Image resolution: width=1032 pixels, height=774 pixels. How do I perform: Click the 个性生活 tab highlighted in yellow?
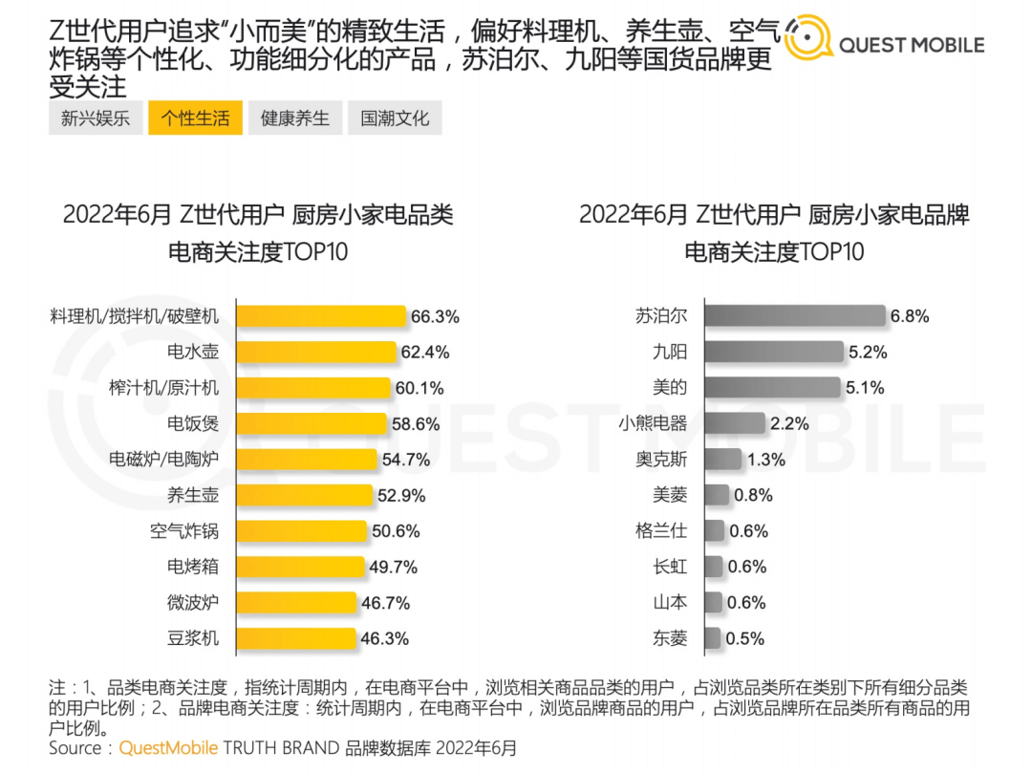pyautogui.click(x=195, y=118)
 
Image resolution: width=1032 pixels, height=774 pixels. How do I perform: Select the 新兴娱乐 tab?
pyautogui.click(x=96, y=118)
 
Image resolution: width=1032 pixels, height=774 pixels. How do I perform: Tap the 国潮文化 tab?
pyautogui.click(x=395, y=118)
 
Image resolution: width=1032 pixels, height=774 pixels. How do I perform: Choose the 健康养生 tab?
pyautogui.click(x=295, y=118)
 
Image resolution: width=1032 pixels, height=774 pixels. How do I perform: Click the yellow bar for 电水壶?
pyautogui.click(x=316, y=352)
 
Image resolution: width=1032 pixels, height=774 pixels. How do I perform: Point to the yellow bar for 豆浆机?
pyautogui.click(x=296, y=638)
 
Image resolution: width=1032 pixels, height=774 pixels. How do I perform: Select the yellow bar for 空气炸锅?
pyautogui.click(x=302, y=531)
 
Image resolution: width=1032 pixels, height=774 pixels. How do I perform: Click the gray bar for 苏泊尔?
pyautogui.click(x=794, y=316)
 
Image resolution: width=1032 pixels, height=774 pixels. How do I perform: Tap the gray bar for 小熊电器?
pyautogui.click(x=735, y=423)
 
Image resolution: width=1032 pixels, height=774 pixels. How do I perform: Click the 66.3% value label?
pyautogui.click(x=435, y=316)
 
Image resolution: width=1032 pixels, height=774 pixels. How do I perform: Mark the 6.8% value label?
pyautogui.click(x=910, y=316)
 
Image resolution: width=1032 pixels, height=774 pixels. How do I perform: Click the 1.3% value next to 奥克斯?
pyautogui.click(x=766, y=460)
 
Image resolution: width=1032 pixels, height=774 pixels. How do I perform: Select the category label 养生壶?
pyautogui.click(x=193, y=495)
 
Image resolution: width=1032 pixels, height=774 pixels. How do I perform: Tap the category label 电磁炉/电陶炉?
pyautogui.click(x=163, y=460)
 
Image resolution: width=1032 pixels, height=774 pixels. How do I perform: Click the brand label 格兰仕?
pyautogui.click(x=661, y=531)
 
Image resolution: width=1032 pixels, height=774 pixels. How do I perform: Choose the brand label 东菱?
pyautogui.click(x=669, y=638)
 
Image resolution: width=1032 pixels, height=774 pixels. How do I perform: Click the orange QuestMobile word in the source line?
pyautogui.click(x=168, y=747)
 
